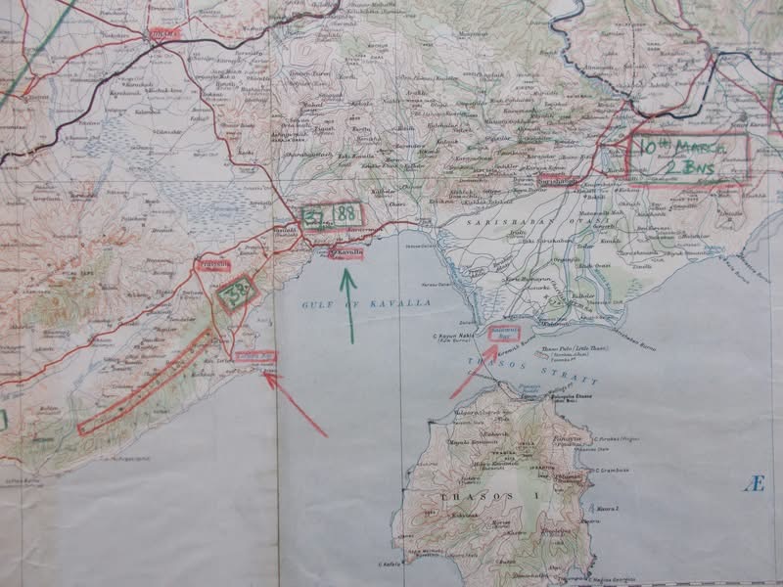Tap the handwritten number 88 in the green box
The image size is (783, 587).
pyautogui.click(x=345, y=212)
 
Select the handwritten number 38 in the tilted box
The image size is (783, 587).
pyautogui.click(x=236, y=292)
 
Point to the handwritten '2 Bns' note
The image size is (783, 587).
pyautogui.click(x=685, y=170)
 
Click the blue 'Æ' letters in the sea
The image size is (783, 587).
pyautogui.click(x=753, y=484)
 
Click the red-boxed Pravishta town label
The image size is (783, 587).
pyautogui.click(x=213, y=264)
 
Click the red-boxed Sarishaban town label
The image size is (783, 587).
pyautogui.click(x=559, y=182)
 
